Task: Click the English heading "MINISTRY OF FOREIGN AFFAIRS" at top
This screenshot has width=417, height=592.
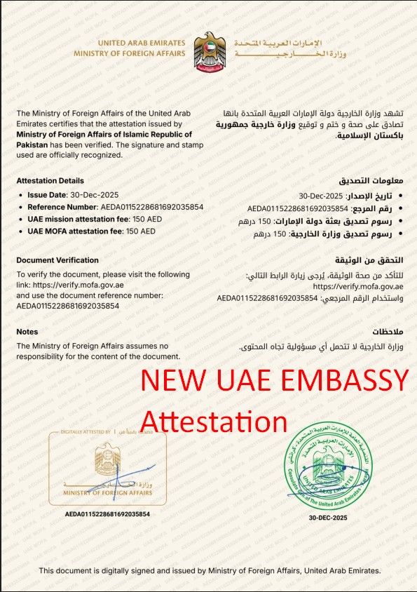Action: (134, 53)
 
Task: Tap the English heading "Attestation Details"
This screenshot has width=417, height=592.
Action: (50, 180)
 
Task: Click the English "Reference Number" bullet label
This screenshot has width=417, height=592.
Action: (61, 208)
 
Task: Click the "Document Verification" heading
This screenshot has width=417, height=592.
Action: (57, 260)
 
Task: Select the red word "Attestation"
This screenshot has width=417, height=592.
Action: (214, 421)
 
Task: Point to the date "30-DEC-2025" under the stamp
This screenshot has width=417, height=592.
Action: (328, 518)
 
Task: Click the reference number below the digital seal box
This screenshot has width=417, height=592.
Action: (107, 514)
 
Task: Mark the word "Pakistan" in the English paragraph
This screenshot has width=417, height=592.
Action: (33, 144)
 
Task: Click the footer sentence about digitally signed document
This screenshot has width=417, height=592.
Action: (210, 571)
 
